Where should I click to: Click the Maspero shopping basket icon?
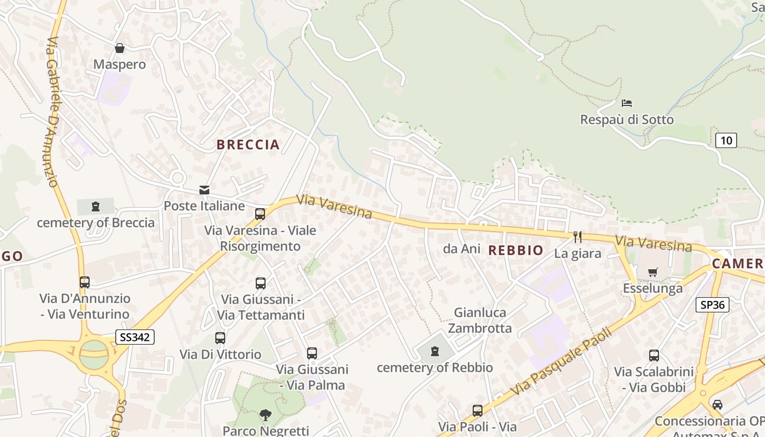tap(120, 49)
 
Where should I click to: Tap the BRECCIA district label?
tap(248, 145)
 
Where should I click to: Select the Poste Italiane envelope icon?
tap(204, 190)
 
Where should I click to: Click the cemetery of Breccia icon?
tap(96, 206)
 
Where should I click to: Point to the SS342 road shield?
tap(135, 337)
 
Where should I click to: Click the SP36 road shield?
tap(713, 305)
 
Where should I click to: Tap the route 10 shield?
tap(726, 140)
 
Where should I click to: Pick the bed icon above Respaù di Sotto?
tap(627, 103)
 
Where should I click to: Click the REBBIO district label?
tap(516, 251)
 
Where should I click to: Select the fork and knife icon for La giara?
tap(577, 237)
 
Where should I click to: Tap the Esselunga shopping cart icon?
tap(652, 272)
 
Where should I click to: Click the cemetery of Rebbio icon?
tap(435, 351)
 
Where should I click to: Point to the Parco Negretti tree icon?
tap(266, 415)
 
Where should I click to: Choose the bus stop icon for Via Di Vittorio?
tap(220, 338)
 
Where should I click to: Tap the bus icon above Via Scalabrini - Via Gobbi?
tap(654, 356)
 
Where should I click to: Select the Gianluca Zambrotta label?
tap(480, 320)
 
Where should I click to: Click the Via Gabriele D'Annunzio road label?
tap(53, 112)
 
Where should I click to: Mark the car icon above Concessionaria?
tap(717, 405)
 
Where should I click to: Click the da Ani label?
tap(462, 249)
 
